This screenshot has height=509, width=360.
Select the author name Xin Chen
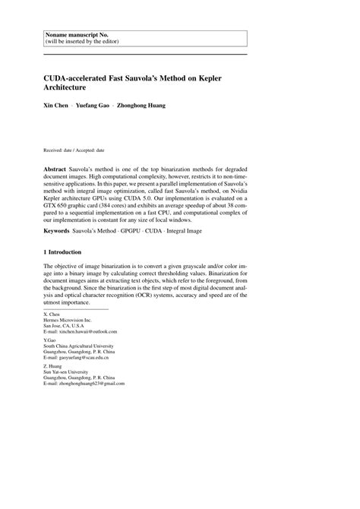pyautogui.click(x=57, y=105)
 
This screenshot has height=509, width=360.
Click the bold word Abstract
pyautogui.click(x=56, y=166)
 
